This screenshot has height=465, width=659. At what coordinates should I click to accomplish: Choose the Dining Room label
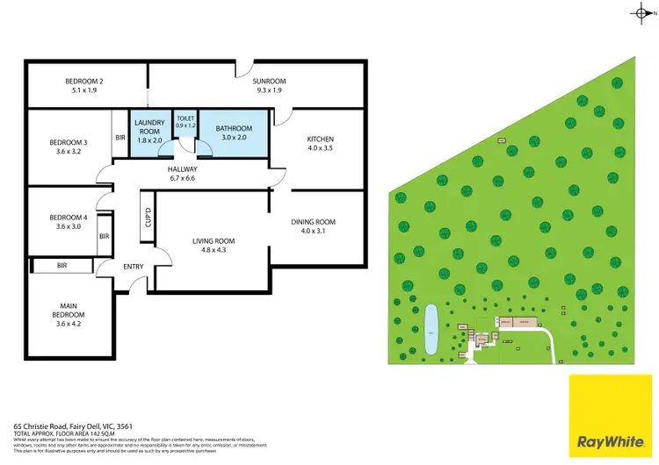pyautogui.click(x=314, y=226)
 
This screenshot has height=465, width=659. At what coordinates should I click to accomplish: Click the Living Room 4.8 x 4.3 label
pyautogui.click(x=214, y=246)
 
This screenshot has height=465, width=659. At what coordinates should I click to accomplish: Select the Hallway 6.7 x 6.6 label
pyautogui.click(x=184, y=174)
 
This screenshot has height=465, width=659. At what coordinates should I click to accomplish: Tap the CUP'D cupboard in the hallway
pyautogui.click(x=148, y=217)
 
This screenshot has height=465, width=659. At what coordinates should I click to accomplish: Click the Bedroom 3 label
pyautogui.click(x=68, y=147)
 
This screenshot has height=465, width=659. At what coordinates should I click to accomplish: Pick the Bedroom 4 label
pyautogui.click(x=68, y=222)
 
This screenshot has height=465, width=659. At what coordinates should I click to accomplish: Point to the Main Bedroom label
pyautogui.click(x=68, y=315)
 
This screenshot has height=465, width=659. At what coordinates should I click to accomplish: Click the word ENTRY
pyautogui.click(x=134, y=267)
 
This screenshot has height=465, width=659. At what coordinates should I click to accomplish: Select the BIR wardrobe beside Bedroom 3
pyautogui.click(x=119, y=138)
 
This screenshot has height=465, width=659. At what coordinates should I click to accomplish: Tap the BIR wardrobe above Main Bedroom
pyautogui.click(x=62, y=265)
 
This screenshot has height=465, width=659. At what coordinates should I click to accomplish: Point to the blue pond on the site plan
pyautogui.click(x=431, y=333)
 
